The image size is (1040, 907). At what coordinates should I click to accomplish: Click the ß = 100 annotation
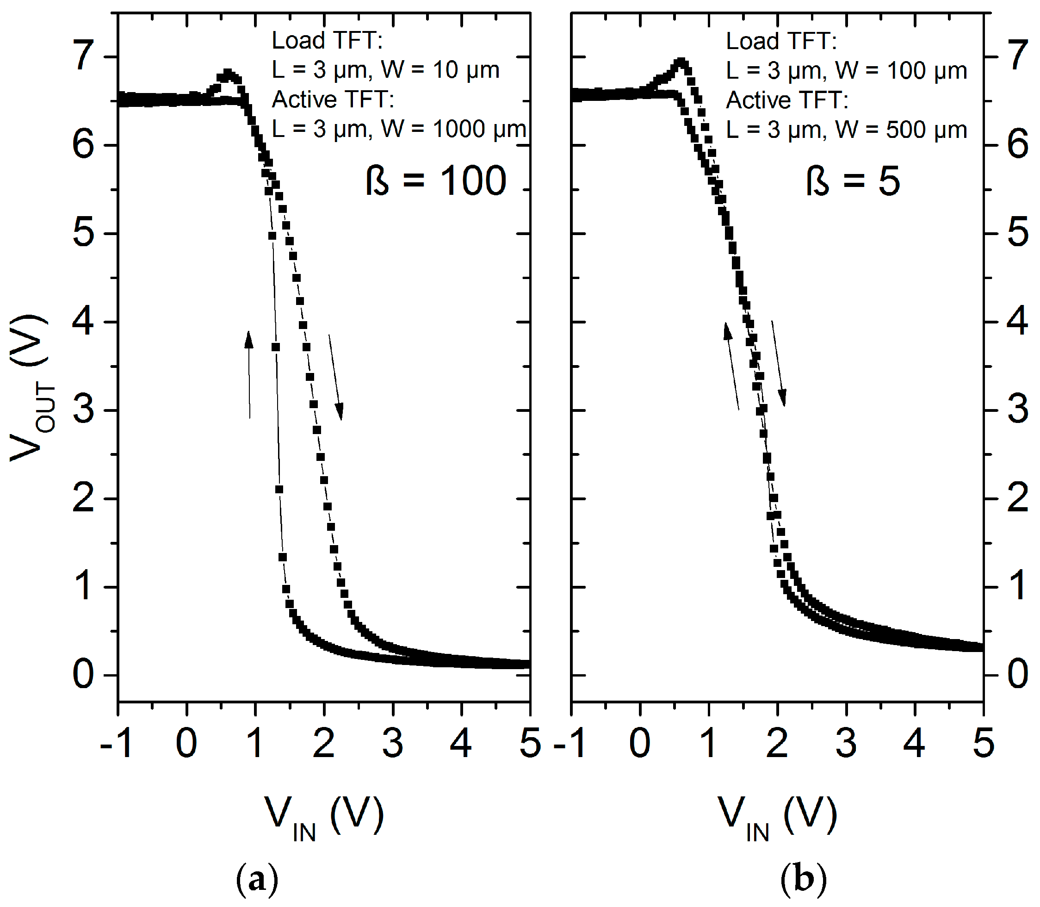(436, 181)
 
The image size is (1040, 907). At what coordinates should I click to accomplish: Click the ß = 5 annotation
(853, 181)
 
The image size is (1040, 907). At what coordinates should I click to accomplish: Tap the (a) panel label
(257, 880)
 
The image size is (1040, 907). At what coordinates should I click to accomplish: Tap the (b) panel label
(803, 880)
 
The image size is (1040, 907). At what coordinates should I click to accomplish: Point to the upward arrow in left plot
(249, 374)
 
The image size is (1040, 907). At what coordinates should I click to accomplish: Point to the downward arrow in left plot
(336, 377)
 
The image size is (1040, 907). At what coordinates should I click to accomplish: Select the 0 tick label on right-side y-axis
(1018, 675)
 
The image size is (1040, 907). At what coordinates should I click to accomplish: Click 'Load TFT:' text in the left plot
(327, 41)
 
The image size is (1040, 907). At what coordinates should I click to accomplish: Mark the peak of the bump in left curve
(228, 74)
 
